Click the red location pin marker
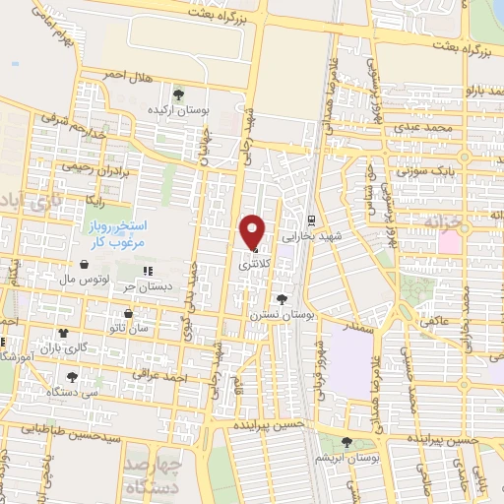click(x=253, y=230)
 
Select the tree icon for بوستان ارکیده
click(x=178, y=94)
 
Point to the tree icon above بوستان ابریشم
click(x=346, y=442)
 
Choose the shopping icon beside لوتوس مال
click(x=85, y=266)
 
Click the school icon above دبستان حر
click(x=148, y=272)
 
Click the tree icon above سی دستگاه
click(x=72, y=376)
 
